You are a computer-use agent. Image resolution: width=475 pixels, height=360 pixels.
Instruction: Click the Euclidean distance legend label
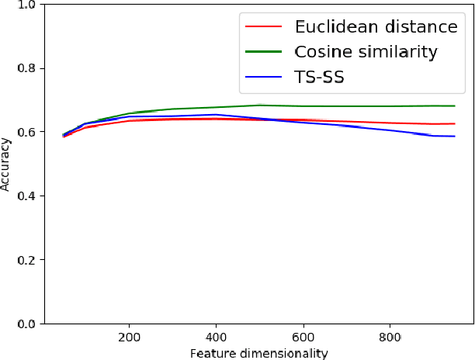376,27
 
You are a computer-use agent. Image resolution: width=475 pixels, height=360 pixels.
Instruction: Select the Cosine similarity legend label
366,53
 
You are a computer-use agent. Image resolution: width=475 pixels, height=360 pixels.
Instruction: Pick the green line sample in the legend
263,53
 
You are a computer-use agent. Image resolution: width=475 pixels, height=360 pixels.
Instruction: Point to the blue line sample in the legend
263,78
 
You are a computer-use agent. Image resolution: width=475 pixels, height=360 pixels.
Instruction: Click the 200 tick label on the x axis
130,337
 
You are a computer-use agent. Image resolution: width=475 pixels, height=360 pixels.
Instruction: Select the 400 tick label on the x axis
217,337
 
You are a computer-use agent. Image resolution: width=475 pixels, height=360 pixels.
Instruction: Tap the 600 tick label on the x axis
303,337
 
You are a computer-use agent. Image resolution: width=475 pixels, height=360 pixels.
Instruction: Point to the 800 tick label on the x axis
390,337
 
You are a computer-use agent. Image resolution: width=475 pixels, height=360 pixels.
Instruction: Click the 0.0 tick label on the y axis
26,324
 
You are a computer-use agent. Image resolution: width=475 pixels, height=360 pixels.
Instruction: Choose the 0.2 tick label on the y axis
26,260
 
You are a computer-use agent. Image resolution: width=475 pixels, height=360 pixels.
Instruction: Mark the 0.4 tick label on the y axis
26,196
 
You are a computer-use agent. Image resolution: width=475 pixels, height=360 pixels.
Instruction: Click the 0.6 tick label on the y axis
26,132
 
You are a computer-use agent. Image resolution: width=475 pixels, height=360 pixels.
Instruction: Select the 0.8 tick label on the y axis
26,68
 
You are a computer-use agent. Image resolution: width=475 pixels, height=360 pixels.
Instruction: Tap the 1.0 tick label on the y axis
26,5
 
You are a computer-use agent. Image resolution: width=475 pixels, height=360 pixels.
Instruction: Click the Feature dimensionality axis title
260,353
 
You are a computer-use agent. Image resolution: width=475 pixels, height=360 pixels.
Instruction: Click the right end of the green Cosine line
454,106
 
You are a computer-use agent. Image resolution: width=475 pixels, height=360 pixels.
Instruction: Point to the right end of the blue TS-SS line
454,137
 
